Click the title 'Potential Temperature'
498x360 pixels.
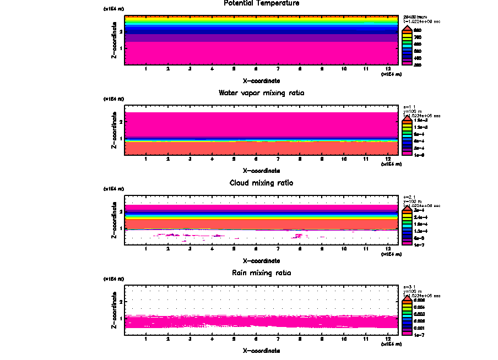point(262,3)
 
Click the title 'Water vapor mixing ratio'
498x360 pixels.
point(262,93)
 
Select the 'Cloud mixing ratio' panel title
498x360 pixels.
point(262,183)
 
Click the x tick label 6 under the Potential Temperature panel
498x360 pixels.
point(256,69)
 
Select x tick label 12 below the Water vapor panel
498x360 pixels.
point(388,159)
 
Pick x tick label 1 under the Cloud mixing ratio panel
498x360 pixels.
point(145,249)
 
